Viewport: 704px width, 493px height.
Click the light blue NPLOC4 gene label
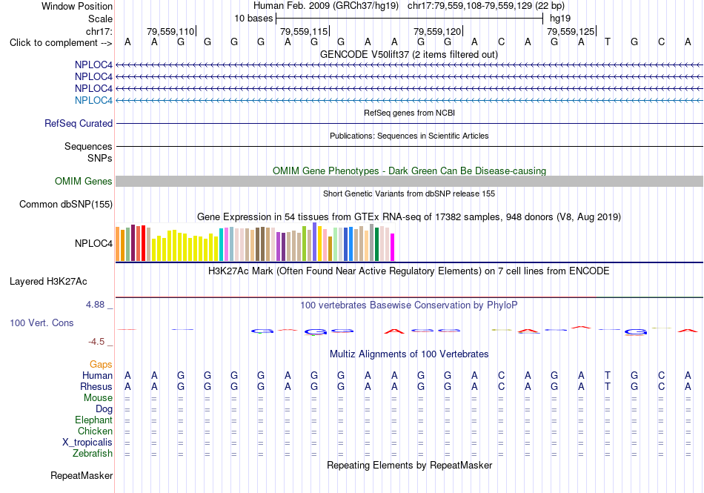click(93, 100)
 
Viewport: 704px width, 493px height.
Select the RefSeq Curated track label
click(79, 124)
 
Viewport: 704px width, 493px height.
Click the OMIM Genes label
click(84, 181)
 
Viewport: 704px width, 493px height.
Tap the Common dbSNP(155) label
click(66, 205)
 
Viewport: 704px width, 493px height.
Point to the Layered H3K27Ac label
click(48, 282)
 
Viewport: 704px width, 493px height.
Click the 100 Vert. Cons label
click(41, 322)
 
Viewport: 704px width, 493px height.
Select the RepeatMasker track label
click(82, 475)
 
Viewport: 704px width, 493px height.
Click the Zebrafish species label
click(93, 454)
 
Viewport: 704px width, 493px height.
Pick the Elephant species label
click(94, 420)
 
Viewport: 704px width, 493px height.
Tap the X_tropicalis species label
click(87, 443)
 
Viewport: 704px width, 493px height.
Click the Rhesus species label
click(96, 386)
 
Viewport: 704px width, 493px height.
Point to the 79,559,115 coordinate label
click(304, 31)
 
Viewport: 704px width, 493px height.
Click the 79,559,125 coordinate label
click(571, 31)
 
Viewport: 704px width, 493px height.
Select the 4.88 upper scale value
click(95, 305)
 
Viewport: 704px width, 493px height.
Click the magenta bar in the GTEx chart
click(393, 247)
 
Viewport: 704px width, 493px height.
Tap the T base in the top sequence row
click(608, 42)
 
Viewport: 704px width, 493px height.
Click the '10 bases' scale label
click(253, 19)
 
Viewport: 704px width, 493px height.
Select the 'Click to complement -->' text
click(61, 43)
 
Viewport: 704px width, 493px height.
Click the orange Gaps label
click(101, 364)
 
